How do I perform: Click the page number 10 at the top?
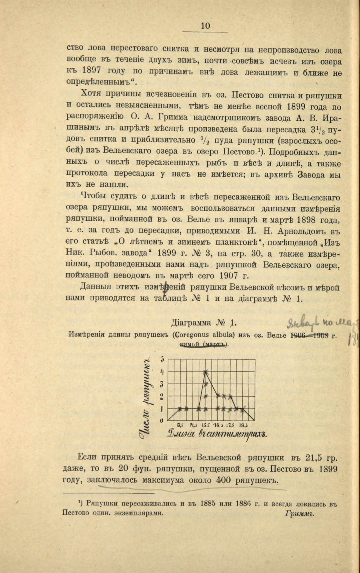[x=205, y=26]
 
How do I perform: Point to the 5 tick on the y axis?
[x=163, y=359]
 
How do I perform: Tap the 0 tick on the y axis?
[x=161, y=420]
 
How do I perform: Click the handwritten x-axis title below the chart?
[x=217, y=434]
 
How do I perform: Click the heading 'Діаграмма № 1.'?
[x=205, y=322]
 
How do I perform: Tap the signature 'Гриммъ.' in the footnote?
[x=300, y=514]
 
